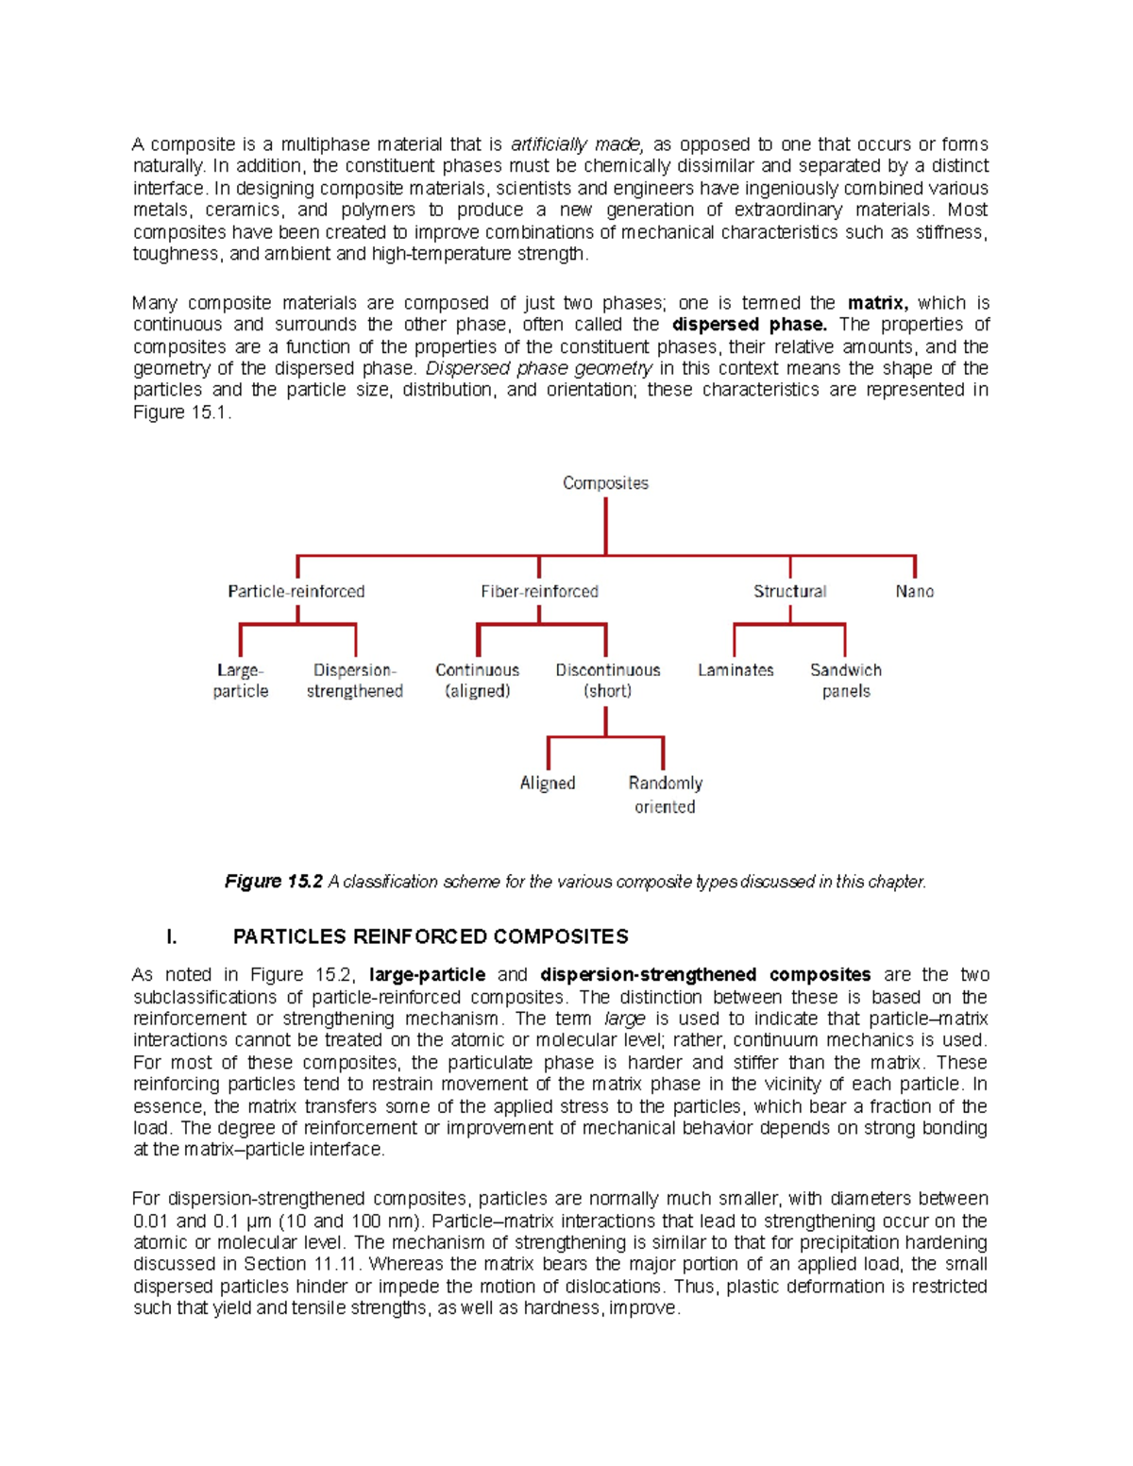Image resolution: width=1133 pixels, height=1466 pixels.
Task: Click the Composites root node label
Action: (605, 483)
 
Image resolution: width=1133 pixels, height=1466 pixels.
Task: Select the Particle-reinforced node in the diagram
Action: (296, 592)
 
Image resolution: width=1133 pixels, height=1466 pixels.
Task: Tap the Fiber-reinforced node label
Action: (539, 592)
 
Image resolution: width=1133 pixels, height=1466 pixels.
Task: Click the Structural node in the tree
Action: (789, 592)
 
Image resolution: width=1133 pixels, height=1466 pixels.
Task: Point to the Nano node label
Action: (914, 592)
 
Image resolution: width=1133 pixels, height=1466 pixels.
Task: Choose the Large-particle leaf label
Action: (240, 681)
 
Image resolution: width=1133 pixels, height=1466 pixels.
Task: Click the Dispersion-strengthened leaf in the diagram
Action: (354, 681)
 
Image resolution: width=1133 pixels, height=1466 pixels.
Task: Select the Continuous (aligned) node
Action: (477, 681)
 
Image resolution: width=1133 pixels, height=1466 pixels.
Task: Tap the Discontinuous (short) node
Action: (607, 681)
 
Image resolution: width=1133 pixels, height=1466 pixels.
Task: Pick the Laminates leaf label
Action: (736, 670)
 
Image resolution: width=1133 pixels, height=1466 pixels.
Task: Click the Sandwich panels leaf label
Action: (845, 681)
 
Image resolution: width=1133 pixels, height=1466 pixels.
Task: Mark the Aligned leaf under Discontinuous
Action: (547, 784)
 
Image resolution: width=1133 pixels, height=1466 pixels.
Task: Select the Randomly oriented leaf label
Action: (665, 795)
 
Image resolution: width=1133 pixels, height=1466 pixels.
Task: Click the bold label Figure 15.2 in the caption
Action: (274, 882)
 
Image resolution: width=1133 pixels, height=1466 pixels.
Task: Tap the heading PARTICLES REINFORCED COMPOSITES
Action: (431, 936)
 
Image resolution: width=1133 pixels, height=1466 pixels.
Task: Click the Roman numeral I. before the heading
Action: (171, 936)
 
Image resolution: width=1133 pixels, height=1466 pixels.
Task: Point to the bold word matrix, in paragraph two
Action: (877, 303)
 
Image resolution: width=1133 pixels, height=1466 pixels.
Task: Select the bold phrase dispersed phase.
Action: (749, 325)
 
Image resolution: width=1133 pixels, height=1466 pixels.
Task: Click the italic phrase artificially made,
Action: (577, 144)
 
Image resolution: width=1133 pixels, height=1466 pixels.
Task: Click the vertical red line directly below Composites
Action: (605, 526)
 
